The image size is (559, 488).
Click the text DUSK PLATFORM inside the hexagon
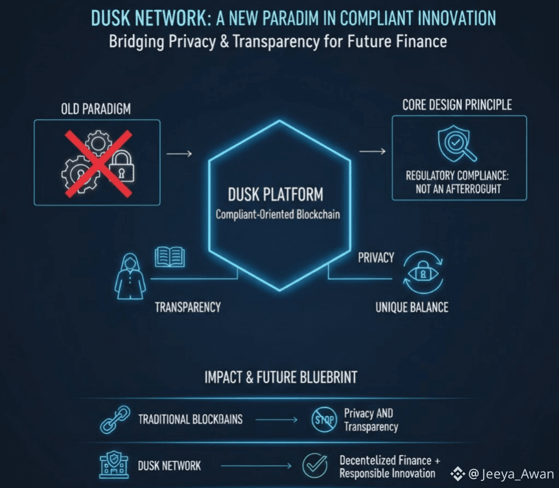click(276, 194)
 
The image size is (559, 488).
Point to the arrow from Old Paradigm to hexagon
click(179, 154)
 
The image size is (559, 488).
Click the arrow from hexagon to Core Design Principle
click(372, 151)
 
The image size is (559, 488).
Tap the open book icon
click(170, 256)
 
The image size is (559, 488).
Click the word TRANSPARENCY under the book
click(187, 307)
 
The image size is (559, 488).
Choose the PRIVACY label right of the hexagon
click(376, 258)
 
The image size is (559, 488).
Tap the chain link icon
click(115, 419)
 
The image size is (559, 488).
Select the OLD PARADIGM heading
click(96, 109)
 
